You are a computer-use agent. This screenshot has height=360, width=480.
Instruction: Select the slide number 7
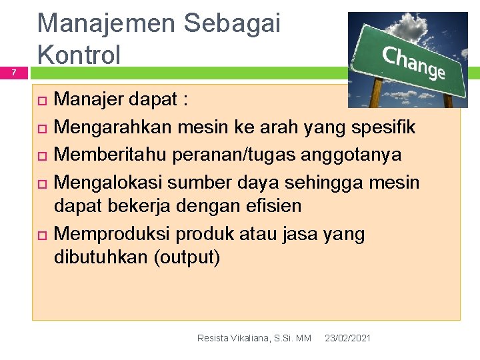tap(11, 73)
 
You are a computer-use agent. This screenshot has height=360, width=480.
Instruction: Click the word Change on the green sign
tap(414, 63)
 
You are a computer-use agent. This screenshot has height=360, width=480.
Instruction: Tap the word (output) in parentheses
tap(187, 258)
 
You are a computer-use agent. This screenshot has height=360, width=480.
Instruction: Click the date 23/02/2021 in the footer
tap(347, 339)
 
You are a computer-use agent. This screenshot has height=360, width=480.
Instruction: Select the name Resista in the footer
tap(213, 339)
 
